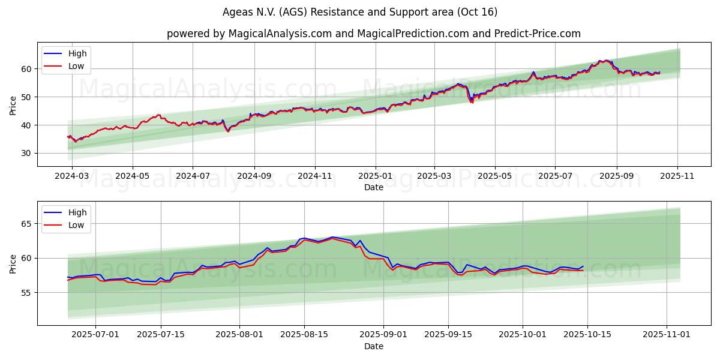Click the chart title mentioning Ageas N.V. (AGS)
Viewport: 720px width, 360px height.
click(359, 12)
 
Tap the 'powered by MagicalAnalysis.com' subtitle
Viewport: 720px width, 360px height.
click(373, 34)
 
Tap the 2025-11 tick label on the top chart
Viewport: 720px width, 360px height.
click(678, 176)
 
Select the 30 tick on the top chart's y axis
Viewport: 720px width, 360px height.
click(26, 153)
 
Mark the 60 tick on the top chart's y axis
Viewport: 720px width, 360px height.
click(26, 69)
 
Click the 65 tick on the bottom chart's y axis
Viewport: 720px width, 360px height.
click(26, 224)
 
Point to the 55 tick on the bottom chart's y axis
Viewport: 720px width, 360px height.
click(26, 293)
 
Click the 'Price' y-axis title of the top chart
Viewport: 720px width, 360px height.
click(13, 105)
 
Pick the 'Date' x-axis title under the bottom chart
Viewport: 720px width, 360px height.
click(373, 346)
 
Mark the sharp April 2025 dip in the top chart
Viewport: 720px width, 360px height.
click(472, 102)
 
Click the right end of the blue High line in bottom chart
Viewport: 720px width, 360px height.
click(583, 266)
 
